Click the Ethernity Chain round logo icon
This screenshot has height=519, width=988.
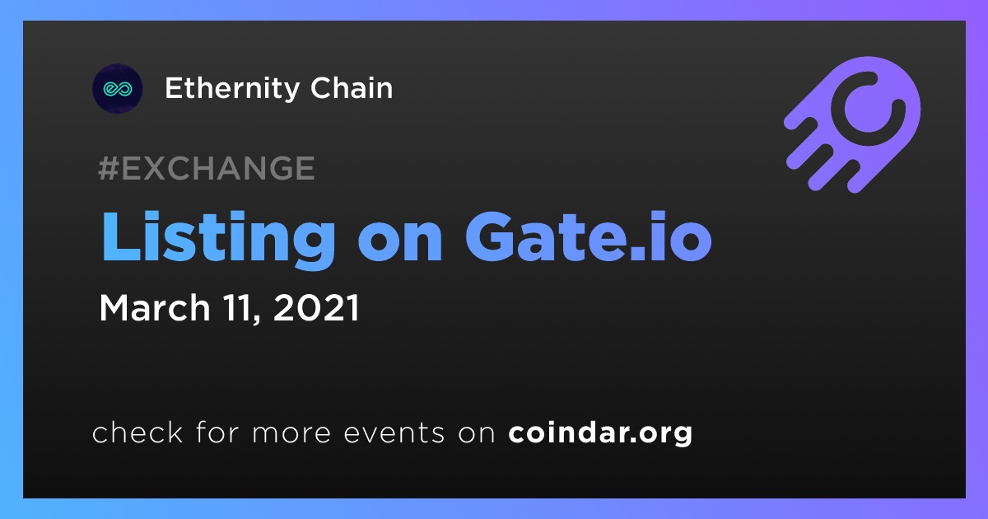pos(117,89)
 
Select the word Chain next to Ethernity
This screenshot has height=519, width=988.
pos(352,88)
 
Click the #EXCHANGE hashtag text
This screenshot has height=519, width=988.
pos(207,168)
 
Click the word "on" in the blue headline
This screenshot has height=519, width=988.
pos(400,243)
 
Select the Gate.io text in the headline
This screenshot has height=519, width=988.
pos(589,237)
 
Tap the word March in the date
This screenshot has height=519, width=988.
pos(155,307)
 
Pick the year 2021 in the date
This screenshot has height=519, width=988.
pos(317,307)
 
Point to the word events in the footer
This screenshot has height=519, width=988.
pos(394,433)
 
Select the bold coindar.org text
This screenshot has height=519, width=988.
pos(600,433)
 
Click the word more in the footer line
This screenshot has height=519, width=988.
pos(291,433)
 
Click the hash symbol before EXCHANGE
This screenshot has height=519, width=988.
pos(109,168)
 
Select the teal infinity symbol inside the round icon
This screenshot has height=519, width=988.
pos(117,89)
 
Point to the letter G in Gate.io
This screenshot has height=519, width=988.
pos(490,237)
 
